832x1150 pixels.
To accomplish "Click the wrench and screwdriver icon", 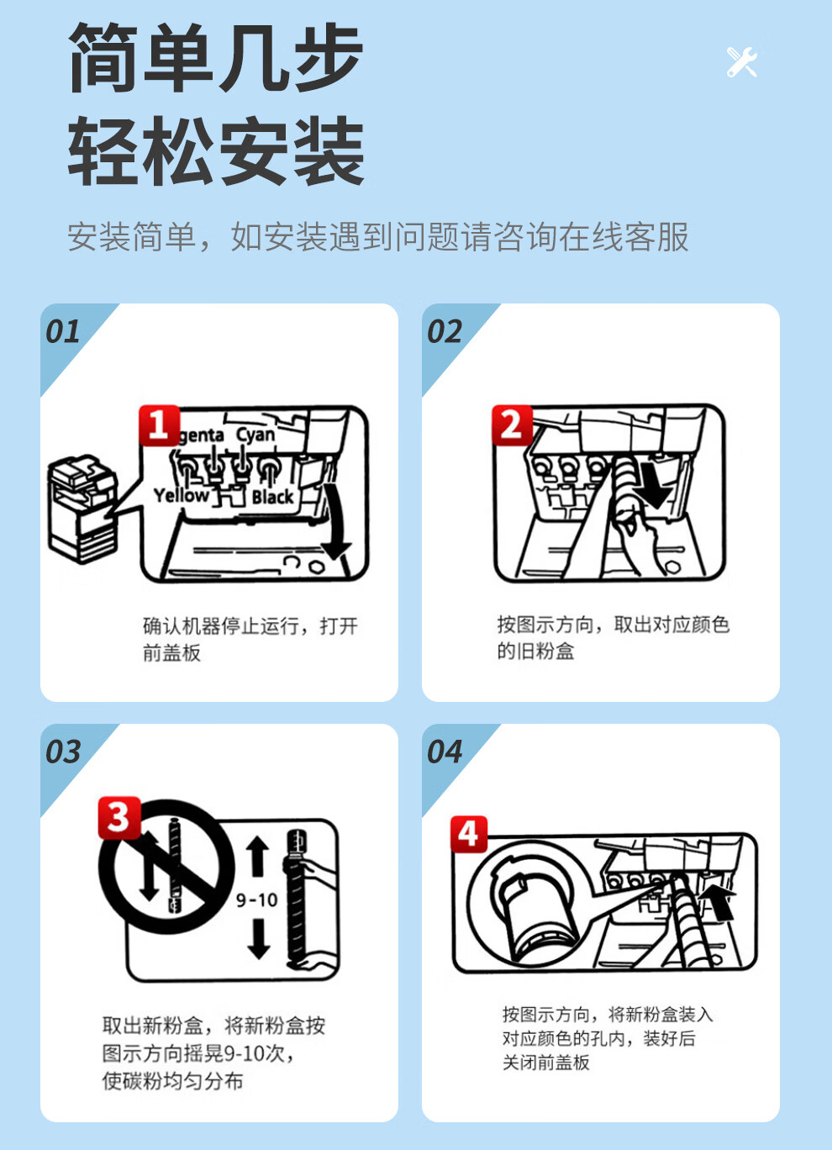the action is click(742, 62).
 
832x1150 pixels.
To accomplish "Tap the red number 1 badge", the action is click(159, 425).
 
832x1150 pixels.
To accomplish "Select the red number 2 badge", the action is click(512, 425).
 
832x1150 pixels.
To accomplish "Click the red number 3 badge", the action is click(119, 818).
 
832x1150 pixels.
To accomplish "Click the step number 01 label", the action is click(63, 332).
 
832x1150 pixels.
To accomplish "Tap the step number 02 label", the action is click(445, 332).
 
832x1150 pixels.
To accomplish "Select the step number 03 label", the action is click(63, 752).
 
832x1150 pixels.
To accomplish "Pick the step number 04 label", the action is click(445, 752).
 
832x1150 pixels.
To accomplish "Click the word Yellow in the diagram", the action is click(182, 495).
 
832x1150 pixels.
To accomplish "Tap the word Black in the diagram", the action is click(272, 497).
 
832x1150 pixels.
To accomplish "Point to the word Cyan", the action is click(255, 435).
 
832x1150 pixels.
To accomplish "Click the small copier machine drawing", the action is click(82, 509).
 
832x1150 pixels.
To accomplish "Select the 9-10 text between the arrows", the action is click(256, 900).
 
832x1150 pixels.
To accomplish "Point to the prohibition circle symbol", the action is click(166, 867).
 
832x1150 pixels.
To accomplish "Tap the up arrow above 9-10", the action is click(258, 857).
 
